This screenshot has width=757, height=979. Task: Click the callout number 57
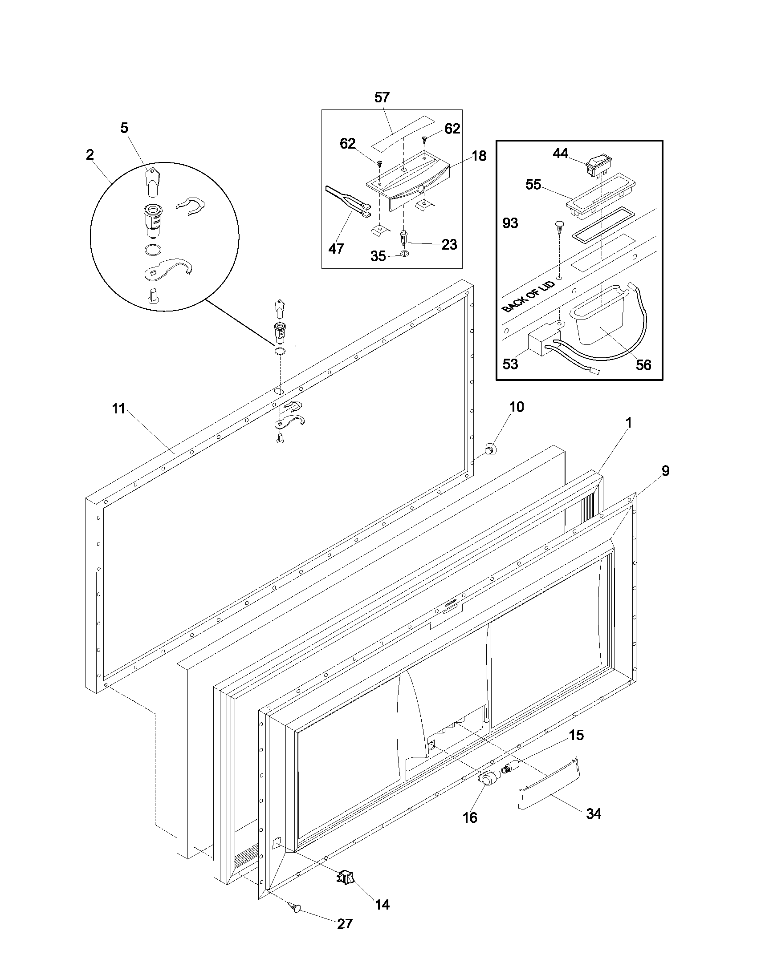click(x=382, y=98)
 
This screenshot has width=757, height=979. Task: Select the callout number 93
click(x=510, y=223)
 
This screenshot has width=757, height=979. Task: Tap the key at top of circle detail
click(x=152, y=182)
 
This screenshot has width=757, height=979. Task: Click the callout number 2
click(x=90, y=155)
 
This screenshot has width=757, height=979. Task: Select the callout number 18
click(x=479, y=156)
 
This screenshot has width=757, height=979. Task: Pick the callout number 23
click(x=449, y=244)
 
